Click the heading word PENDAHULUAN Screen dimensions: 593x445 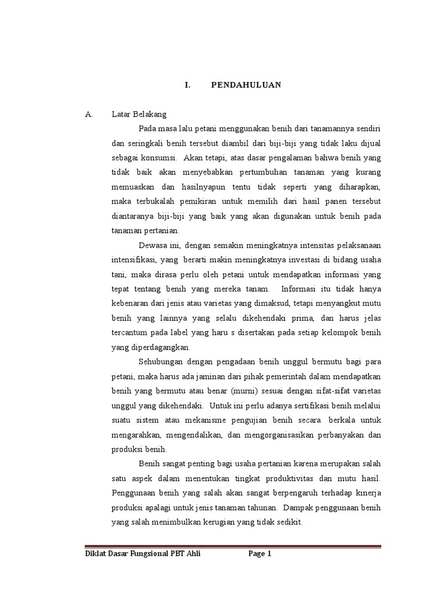pyautogui.click(x=246, y=85)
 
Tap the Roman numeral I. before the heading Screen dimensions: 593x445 pyautogui.click(x=187, y=85)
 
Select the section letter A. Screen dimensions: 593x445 pyautogui.click(x=89, y=114)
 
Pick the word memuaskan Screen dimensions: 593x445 pyautogui.click(x=132, y=186)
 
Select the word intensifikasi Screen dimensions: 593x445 pyautogui.click(x=133, y=259)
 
